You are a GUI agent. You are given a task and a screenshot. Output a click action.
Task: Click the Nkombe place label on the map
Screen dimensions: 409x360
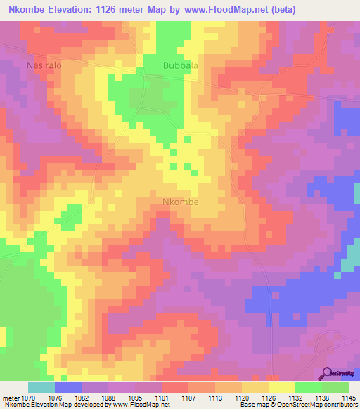click(x=180, y=202)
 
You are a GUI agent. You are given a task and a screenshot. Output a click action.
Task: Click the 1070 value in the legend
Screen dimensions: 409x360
click(x=27, y=398)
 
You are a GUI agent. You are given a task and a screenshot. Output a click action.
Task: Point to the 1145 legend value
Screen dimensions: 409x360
click(x=349, y=398)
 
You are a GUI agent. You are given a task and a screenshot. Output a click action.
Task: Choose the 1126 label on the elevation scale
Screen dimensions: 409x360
click(x=269, y=398)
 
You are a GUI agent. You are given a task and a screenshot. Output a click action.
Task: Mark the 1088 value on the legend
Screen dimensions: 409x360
click(x=108, y=398)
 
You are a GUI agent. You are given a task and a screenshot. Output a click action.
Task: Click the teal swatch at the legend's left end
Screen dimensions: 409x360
click(x=41, y=387)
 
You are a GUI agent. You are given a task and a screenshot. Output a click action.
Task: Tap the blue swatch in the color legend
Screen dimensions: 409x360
click(x=68, y=387)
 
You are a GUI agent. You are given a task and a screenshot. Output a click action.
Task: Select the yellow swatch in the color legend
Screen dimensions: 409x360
click(x=282, y=387)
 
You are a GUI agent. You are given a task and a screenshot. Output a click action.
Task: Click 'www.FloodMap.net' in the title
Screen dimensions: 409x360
click(x=219, y=10)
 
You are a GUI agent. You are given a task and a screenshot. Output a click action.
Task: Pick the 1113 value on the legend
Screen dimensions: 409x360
click(x=215, y=398)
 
